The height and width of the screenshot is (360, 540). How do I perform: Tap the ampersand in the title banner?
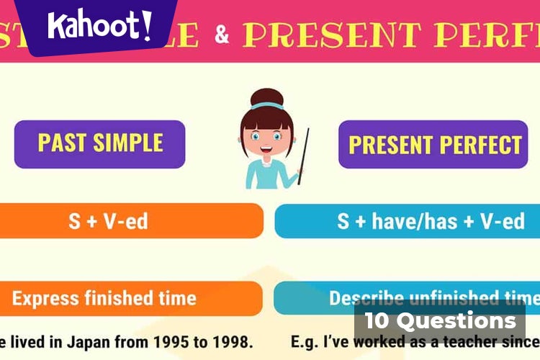[222, 34]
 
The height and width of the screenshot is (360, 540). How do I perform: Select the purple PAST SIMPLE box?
[100, 143]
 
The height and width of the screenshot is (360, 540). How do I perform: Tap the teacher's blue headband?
[266, 107]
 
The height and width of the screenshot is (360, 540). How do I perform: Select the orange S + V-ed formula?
[108, 220]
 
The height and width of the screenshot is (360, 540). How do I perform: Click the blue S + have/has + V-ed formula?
[431, 220]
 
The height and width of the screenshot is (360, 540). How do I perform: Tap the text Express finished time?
[104, 297]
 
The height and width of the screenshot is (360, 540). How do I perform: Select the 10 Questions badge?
[440, 320]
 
